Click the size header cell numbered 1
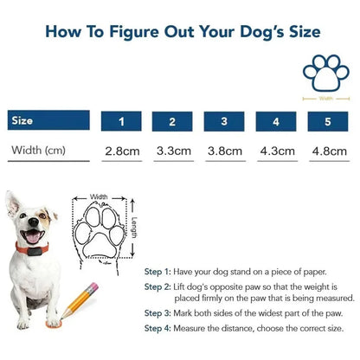click(x=121, y=122)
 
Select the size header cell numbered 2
click(x=173, y=122)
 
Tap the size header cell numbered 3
click(x=224, y=122)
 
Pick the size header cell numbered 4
click(x=276, y=122)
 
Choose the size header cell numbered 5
click(x=328, y=122)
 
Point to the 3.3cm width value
click(x=173, y=151)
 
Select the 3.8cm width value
click(x=224, y=151)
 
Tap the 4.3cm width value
click(x=276, y=151)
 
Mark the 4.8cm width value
click(x=328, y=151)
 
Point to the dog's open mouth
click(x=33, y=236)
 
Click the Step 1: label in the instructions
click(x=158, y=271)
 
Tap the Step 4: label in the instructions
click(x=158, y=328)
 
